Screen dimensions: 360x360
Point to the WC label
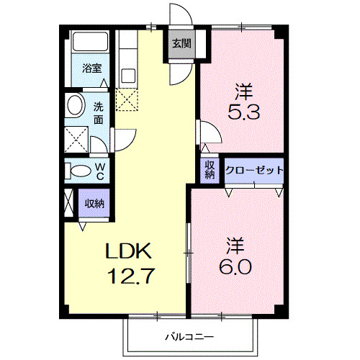click(x=101, y=171)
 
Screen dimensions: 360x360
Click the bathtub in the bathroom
click(x=89, y=46)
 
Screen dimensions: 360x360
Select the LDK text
click(x=130, y=252)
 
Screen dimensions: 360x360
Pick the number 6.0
click(x=234, y=267)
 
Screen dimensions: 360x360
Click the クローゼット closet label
click(x=253, y=171)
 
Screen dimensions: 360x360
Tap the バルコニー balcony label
click(x=189, y=336)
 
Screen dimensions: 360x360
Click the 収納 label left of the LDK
click(x=94, y=203)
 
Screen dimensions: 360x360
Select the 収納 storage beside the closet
click(x=210, y=170)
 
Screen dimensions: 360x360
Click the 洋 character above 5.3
click(x=245, y=92)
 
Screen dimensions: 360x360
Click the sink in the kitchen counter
click(x=128, y=74)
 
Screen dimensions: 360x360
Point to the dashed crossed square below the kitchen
click(x=127, y=100)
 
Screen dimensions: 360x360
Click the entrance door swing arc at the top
click(x=179, y=14)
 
